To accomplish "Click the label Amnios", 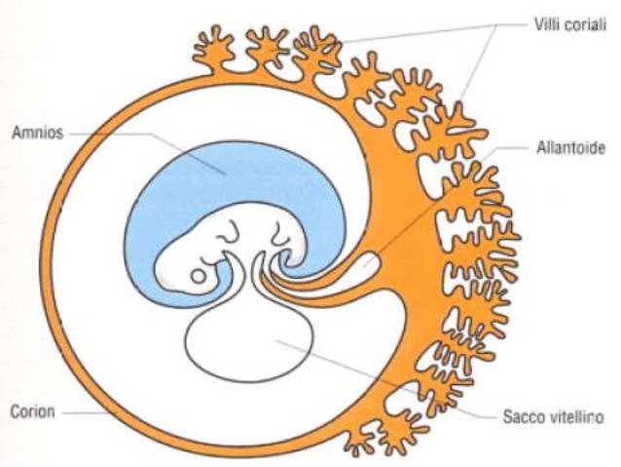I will point(37,132).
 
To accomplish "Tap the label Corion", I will point(33,411).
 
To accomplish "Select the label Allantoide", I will point(568,148).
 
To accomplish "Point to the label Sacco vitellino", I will point(554,416).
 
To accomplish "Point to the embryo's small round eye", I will point(199,276).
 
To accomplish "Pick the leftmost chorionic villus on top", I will point(212,43).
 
